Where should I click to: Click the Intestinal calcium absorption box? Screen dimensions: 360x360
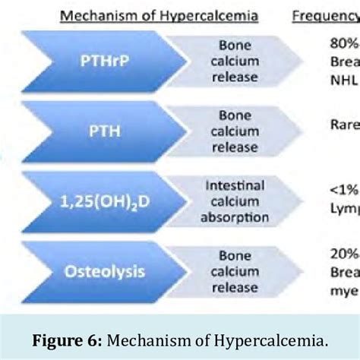pos(235,201)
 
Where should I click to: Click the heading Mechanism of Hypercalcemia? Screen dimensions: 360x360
pos(163,15)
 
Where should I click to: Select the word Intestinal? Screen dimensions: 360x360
pos(235,185)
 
